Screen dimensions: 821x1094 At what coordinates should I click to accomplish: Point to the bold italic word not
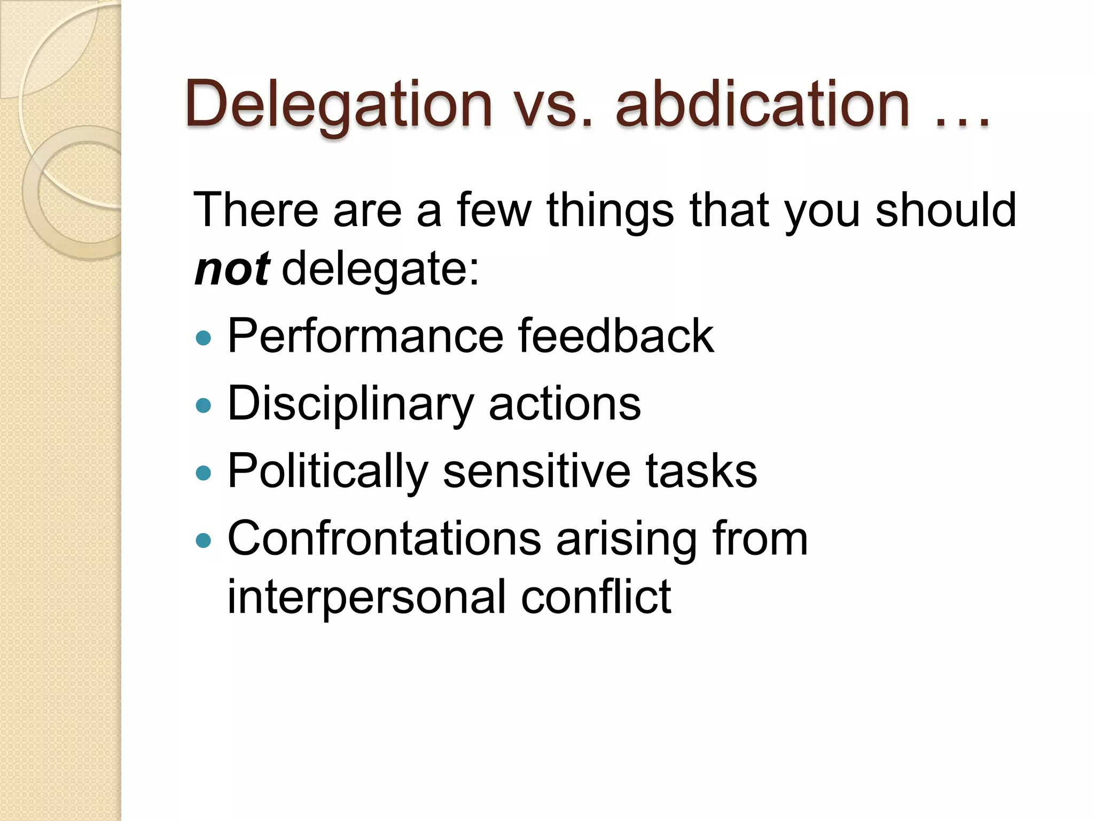tap(232, 268)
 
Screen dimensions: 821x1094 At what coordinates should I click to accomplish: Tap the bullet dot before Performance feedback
tap(204, 338)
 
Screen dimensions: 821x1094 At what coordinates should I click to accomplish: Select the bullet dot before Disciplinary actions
tap(204, 405)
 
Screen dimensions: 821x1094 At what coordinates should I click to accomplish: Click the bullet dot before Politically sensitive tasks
tap(204, 473)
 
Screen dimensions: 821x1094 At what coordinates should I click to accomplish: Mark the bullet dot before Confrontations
tap(204, 540)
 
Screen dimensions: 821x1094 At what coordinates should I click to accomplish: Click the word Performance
tap(365, 337)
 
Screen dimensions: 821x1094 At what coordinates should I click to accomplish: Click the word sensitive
tap(536, 471)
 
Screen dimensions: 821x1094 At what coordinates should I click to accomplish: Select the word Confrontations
tap(384, 539)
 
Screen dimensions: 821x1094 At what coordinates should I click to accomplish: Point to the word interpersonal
tap(366, 598)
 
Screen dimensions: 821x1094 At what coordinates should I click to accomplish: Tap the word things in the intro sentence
tap(610, 211)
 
